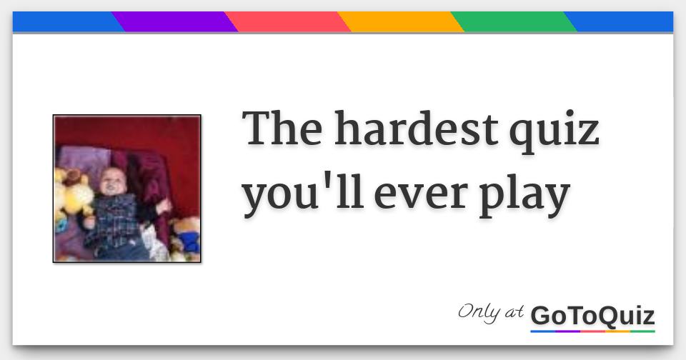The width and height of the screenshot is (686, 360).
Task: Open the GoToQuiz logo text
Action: click(x=592, y=315)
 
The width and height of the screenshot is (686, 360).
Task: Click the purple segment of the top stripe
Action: click(x=175, y=22)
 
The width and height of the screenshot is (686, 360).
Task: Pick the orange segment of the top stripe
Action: click(x=401, y=22)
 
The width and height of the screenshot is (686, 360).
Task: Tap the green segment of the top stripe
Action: click(x=514, y=22)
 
